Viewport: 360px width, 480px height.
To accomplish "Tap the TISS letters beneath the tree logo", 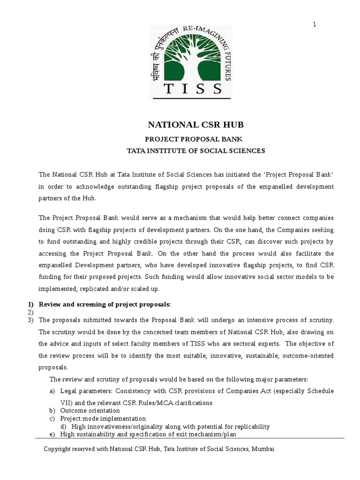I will [x=192, y=88].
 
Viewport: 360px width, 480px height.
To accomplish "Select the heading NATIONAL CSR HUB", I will [x=196, y=125].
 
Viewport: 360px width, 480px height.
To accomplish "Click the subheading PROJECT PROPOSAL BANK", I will [x=196, y=139].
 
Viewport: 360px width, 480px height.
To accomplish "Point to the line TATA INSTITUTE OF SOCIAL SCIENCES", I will [x=196, y=151].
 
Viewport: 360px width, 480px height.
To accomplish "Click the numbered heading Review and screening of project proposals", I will [x=105, y=304].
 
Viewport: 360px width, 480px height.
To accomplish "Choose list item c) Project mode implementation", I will [x=103, y=419].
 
